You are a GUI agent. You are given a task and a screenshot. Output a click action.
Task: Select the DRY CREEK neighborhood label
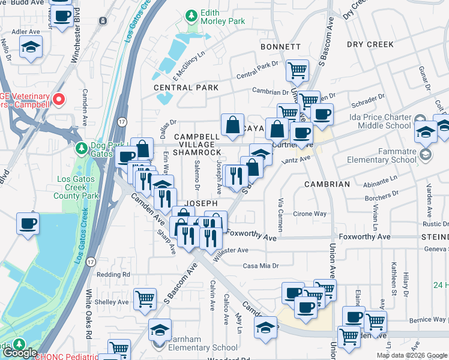click(x=370, y=44)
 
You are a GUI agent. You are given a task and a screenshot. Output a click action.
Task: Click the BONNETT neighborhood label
click(x=280, y=47)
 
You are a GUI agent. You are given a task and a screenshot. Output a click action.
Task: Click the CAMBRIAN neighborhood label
click(x=327, y=184)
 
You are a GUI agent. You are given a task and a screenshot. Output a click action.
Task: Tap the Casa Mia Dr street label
click(x=261, y=266)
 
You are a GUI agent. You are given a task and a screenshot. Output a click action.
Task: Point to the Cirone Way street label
click(x=310, y=214)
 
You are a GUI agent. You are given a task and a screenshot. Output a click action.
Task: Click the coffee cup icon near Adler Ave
click(x=61, y=16)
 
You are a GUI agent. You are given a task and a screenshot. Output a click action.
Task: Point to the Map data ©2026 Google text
click(x=411, y=355)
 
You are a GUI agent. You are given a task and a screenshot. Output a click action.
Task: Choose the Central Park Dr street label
click(x=258, y=76)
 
